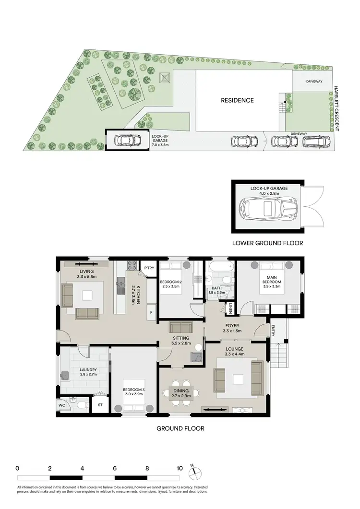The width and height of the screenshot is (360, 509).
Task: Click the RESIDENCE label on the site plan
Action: pos(237,100)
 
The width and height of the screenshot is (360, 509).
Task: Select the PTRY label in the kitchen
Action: pos(149,268)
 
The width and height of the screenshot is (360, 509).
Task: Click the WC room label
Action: pos(62,405)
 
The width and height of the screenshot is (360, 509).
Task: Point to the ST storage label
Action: pos(100,405)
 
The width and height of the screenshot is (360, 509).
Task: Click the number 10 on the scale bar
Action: pos(180,468)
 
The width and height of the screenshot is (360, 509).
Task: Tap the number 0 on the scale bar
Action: pos(17,468)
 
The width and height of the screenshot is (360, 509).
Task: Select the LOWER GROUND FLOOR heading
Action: pos(267,243)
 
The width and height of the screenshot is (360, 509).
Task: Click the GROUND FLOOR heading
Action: pos(180,428)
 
